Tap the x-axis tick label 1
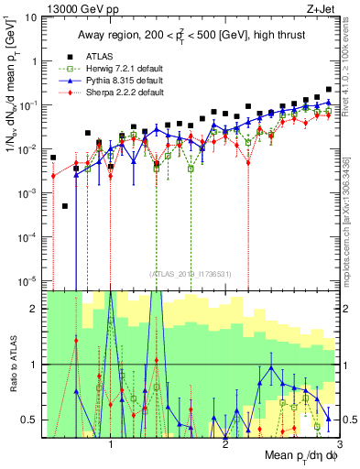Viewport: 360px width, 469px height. (x=111, y=442)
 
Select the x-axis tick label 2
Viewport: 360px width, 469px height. (x=225, y=442)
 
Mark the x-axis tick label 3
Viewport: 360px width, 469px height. (x=339, y=442)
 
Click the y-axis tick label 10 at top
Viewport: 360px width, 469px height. (x=29, y=17)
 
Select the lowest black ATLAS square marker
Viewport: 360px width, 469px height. (x=65, y=206)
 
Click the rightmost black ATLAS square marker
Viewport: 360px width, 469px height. (x=329, y=90)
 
